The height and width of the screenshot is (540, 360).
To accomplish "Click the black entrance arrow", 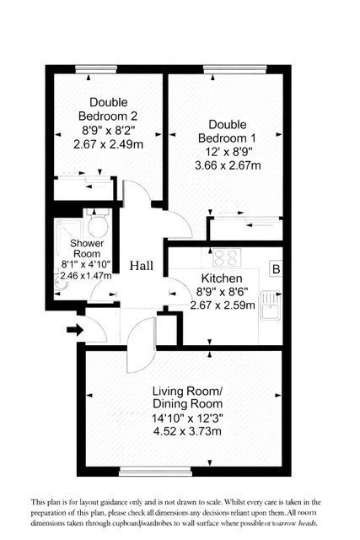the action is point(75,330).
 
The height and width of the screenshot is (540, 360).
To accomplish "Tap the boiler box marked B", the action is point(276,269).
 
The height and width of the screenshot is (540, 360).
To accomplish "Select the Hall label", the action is point(142,266).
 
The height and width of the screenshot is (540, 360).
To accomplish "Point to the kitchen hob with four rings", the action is point(227,257).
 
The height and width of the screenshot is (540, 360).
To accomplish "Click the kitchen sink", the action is point(271,305).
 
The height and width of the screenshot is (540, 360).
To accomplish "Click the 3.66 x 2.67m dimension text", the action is point(228,165).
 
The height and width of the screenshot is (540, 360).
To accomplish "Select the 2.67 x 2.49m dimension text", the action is point(109,144).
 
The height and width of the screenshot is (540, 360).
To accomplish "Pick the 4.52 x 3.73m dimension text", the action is point(187,431).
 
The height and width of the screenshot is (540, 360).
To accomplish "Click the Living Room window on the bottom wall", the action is point(155,471).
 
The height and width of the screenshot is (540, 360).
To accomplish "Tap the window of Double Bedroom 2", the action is point(96,69).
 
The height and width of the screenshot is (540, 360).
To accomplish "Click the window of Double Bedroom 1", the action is point(235,69).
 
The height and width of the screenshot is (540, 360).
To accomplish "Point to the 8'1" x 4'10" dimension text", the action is point(86,265).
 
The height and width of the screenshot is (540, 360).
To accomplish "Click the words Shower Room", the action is point(87,249).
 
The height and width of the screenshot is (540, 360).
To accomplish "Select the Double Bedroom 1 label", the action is point(227,132).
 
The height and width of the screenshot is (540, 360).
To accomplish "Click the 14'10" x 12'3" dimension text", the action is point(187,418).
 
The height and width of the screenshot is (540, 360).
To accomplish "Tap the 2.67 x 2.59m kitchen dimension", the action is point(223,305).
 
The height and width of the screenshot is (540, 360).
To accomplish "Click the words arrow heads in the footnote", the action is point(298,523).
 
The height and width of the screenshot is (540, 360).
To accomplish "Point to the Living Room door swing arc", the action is point(130,348).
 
